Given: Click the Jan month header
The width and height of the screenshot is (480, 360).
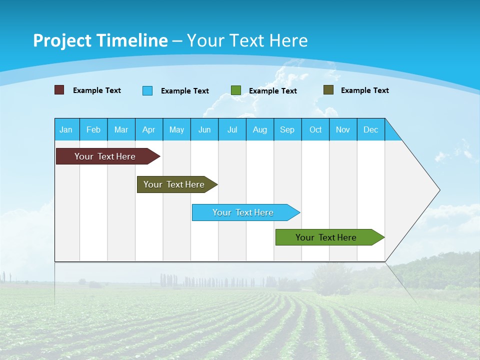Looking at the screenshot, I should coord(66,129).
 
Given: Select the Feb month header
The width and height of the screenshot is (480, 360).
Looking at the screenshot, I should coord(93,129).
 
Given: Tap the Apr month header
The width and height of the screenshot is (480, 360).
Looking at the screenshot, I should coord(149,129).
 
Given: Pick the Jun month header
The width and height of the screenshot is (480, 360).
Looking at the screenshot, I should coord(204,129).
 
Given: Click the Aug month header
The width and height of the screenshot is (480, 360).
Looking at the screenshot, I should coord(260,129).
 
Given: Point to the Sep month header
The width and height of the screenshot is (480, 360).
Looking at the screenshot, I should coord(287,129).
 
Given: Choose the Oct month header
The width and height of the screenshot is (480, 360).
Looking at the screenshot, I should coord(315,129).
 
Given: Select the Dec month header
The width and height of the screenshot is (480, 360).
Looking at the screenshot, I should coord(371,129).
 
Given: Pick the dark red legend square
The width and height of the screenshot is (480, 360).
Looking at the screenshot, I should coord(59,90).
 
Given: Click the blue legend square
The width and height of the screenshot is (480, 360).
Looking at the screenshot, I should coord(147,90).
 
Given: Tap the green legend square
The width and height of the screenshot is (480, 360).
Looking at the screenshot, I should coord(236,90).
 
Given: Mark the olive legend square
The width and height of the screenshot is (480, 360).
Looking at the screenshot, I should coord(328,90).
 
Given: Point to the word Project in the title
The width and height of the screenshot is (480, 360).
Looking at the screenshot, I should coord(62,40).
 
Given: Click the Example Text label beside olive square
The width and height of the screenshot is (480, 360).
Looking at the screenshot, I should coord(364,90).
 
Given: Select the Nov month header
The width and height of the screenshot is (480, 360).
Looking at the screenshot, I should coord(343,129).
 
